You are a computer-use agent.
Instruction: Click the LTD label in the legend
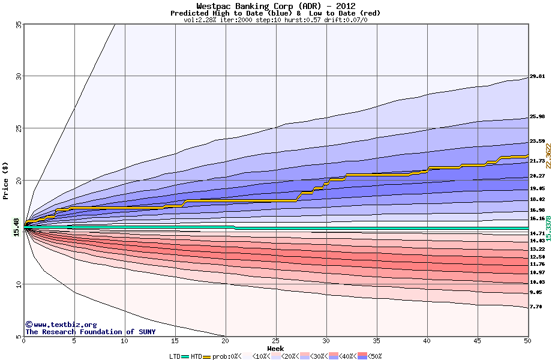[175, 356]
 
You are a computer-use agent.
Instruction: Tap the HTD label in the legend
[196, 356]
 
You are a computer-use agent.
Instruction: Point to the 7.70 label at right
[536, 307]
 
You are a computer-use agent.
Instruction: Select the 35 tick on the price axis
[19, 25]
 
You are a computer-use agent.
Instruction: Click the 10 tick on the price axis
[19, 284]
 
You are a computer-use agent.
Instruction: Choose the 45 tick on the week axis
[478, 341]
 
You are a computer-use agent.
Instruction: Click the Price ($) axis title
[5, 180]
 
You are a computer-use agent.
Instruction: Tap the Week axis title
[275, 348]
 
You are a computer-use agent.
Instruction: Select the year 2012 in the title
[343, 6]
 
